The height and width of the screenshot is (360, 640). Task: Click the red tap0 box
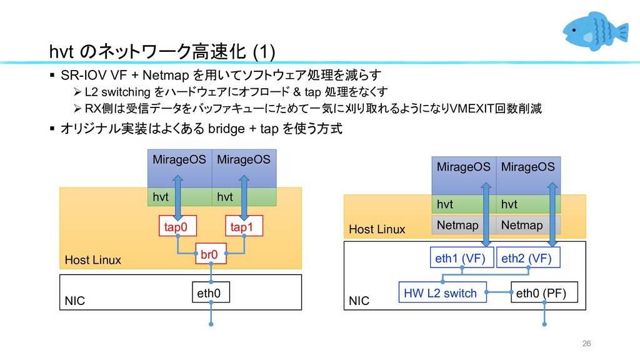coord(177,226)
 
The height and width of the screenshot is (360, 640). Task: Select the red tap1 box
coord(244,226)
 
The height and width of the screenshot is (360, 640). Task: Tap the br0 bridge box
coord(211,254)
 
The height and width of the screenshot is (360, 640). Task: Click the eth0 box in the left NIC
coord(211,292)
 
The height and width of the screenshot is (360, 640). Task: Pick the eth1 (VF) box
coord(462,257)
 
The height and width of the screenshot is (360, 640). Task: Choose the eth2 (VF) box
coord(528,257)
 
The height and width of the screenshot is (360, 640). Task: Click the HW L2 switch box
coord(442,292)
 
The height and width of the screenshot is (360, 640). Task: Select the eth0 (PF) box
coord(544,292)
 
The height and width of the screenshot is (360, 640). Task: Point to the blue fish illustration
coord(595,31)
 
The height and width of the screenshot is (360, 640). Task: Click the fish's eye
coord(574,30)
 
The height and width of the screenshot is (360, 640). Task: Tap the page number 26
coord(586,343)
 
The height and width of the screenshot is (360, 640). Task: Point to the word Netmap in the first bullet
coord(166,75)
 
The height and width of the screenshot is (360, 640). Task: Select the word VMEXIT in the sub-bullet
coord(471,109)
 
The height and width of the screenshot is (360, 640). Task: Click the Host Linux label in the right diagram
coord(377,229)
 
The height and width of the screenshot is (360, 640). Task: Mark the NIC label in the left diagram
coord(75,301)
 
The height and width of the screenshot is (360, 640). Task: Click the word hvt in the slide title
coord(61,52)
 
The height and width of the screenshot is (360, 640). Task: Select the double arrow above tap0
coord(177,197)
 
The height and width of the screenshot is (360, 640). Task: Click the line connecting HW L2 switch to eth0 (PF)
coord(499,292)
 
